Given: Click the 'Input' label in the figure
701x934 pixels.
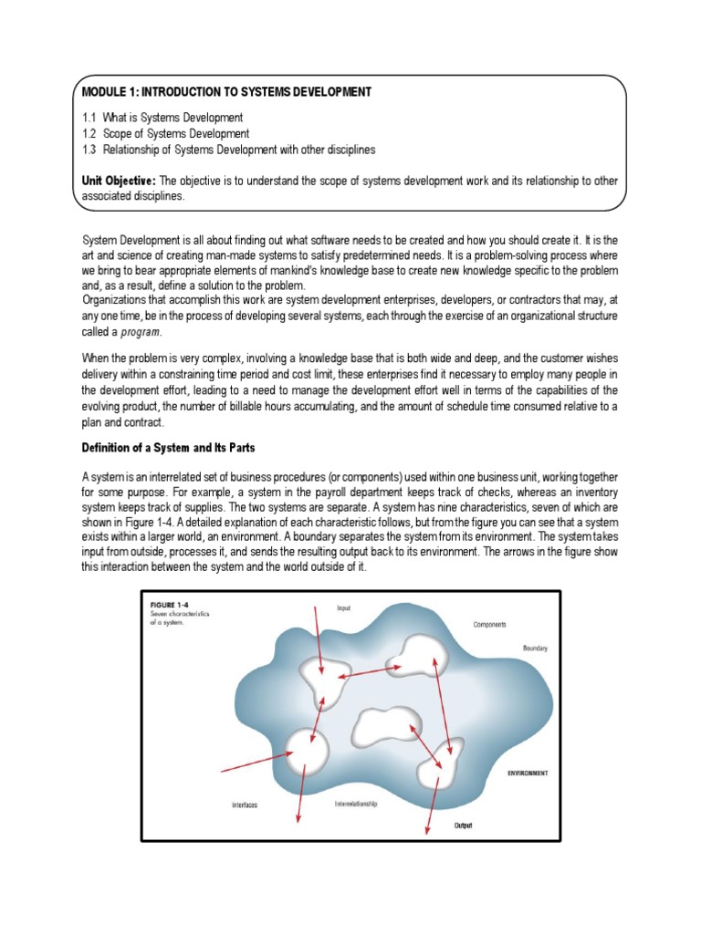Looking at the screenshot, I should coord(343,608).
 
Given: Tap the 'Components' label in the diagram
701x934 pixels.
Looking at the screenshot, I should coord(489,625).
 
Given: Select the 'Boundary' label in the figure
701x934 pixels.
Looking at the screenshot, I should coord(534,648).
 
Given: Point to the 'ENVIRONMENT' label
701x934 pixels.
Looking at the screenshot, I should coord(528,773).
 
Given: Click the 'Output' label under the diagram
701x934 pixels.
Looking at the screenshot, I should coord(464,825).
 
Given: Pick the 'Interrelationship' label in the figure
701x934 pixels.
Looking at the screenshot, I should coord(356,804).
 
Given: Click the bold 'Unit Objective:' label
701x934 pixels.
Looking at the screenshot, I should coord(119,181).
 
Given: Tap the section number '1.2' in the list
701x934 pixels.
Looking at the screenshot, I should coord(89,133).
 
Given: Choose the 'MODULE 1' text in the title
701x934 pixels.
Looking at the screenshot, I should coord(109,92).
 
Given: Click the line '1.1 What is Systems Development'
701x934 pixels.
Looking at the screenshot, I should coord(162,118).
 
